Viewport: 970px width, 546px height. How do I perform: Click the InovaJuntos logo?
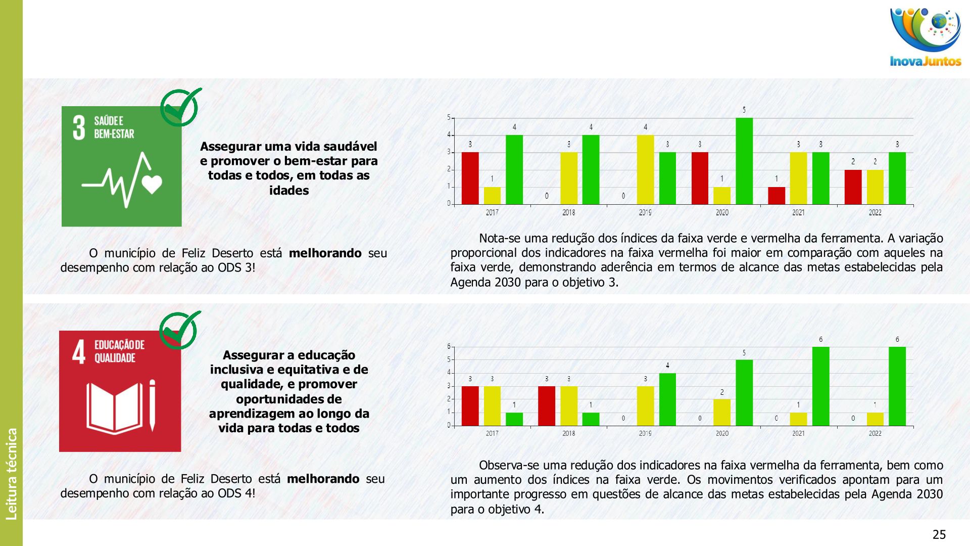pos(926,38)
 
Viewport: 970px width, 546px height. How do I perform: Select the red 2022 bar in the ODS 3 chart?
pos(853,187)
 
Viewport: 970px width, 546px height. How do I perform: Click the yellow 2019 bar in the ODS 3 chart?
pos(645,169)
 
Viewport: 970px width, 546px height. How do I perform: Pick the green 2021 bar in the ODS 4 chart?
pos(820,386)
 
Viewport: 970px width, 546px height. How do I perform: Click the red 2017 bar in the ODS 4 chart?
pos(470,406)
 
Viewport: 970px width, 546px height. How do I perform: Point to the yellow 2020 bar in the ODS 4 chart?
pos(722,413)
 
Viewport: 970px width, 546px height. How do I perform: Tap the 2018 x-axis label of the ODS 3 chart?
pos(568,213)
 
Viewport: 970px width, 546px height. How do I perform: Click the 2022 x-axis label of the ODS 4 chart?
pos(875,433)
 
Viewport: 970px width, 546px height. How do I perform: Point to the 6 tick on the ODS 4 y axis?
pos(449,346)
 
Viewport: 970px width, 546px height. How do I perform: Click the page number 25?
pos(939,534)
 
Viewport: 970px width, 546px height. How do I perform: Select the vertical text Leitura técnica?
pos(12,474)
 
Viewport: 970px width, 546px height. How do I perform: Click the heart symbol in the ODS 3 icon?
pos(152,184)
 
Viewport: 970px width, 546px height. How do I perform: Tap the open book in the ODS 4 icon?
pos(115,408)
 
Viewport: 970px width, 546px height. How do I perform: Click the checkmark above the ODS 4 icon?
pos(180,330)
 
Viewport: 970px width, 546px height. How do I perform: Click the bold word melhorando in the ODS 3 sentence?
pos(325,253)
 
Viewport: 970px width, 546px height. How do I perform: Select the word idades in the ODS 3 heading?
pos(288,191)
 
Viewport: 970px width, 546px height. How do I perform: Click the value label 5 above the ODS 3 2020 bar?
pos(744,110)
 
